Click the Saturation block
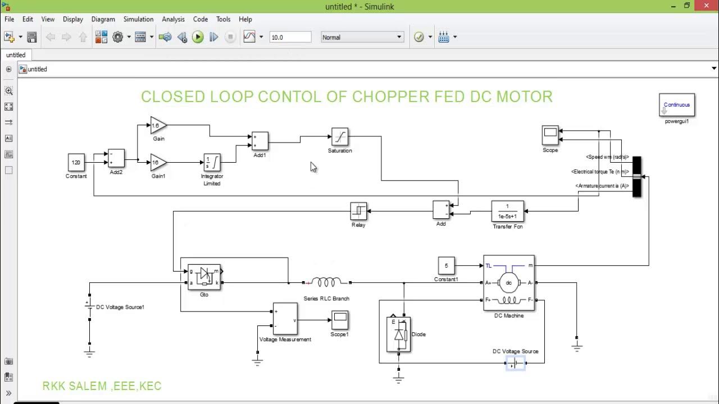pos(340,137)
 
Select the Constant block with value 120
pos(76,163)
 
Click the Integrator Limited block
pos(212,163)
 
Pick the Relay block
pos(358,212)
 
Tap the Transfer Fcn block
pos(507,212)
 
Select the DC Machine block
pos(509,283)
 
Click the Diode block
pos(399,334)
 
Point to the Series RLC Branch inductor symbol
pos(326,282)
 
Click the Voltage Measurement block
pos(285,319)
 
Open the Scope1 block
pos(339,320)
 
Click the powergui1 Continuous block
pos(676,105)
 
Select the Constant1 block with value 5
pos(447,266)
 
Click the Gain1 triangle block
pos(158,163)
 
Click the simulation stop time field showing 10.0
pos(290,37)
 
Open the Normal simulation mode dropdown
pos(362,37)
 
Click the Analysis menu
pos(173,19)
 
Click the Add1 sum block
pos(260,141)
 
